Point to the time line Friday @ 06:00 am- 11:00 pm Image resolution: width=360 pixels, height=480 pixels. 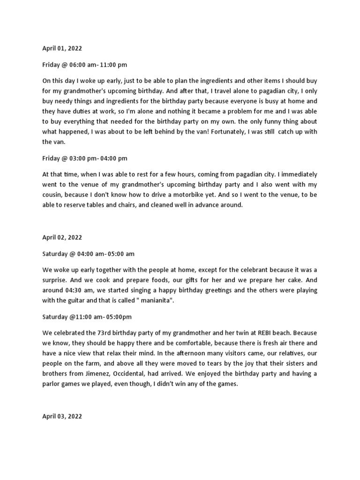(x=84, y=65)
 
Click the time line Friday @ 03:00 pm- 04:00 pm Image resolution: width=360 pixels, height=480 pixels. (x=84, y=158)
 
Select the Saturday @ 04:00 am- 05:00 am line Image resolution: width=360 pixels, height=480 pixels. (x=88, y=254)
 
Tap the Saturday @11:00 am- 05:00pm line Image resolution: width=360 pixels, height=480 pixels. (x=87, y=317)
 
